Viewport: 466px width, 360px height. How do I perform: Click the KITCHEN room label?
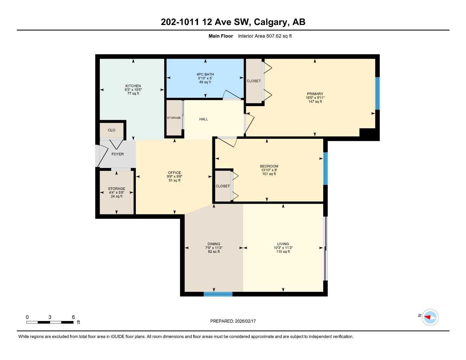tap(133, 86)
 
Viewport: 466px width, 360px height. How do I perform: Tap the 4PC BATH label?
tap(205, 75)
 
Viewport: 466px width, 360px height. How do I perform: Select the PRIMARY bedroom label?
tap(315, 94)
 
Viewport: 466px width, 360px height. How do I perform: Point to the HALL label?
tap(203, 119)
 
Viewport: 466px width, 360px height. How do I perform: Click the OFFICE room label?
tap(174, 173)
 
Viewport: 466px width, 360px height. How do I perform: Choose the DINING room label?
tap(214, 244)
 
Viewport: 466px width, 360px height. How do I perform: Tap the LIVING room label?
tap(283, 244)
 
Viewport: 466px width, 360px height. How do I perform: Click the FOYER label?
tap(117, 154)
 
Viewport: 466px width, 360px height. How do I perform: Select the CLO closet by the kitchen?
tap(111, 130)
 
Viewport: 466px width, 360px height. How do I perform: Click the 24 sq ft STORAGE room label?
tap(116, 189)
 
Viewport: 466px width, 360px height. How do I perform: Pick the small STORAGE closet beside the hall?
tap(174, 118)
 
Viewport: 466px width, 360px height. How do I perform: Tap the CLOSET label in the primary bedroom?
tap(254, 81)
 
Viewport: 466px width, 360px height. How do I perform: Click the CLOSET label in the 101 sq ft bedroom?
tap(223, 186)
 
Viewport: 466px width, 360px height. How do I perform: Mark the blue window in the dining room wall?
tap(218, 294)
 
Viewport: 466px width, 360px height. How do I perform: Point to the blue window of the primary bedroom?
tap(377, 93)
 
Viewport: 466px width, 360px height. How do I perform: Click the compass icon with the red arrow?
tap(430, 317)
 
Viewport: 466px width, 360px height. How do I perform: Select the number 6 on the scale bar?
tap(73, 317)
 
